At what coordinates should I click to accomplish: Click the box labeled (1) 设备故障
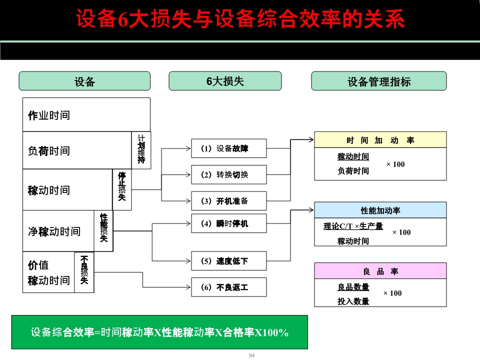pyautogui.click(x=229, y=148)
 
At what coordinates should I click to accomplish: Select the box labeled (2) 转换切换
pyautogui.click(x=229, y=174)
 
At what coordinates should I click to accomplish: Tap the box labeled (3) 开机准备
pyautogui.click(x=229, y=201)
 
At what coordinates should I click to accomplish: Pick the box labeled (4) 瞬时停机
pyautogui.click(x=229, y=223)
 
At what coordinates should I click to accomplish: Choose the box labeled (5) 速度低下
pyautogui.click(x=229, y=260)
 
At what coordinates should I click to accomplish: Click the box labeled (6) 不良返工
pyautogui.click(x=229, y=287)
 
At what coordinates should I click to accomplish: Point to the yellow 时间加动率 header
pyautogui.click(x=380, y=140)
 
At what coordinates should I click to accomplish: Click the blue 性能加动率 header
pyautogui.click(x=380, y=210)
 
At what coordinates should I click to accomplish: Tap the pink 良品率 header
pyautogui.click(x=380, y=271)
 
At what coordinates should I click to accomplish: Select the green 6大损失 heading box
pyautogui.click(x=225, y=81)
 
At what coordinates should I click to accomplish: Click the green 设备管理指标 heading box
pyautogui.click(x=378, y=81)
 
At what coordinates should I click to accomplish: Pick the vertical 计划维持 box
pyautogui.click(x=141, y=150)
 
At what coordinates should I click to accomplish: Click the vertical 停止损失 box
pyautogui.click(x=122, y=189)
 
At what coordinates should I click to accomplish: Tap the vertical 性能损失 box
pyautogui.click(x=103, y=230)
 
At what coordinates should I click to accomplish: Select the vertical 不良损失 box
pyautogui.click(x=84, y=272)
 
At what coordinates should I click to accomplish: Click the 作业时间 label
pyautogui.click(x=49, y=115)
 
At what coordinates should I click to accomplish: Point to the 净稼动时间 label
pyautogui.click(x=54, y=231)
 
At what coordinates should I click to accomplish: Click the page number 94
pyautogui.click(x=251, y=355)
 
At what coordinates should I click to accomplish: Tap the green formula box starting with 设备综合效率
pyautogui.click(x=159, y=332)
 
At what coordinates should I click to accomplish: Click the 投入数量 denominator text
pyautogui.click(x=353, y=301)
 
